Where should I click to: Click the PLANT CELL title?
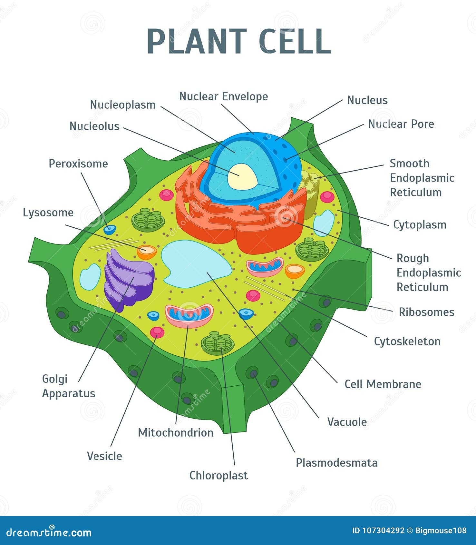coord(239,41)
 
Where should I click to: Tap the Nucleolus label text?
coord(94,126)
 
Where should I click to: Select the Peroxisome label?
coord(78,163)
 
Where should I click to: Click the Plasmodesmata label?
coord(336,463)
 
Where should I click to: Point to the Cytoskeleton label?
coord(407,341)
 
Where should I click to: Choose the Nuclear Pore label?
coord(401,124)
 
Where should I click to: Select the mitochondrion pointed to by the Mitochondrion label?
coord(189,315)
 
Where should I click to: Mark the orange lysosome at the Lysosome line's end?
coord(147,252)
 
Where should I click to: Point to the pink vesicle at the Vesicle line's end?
coord(157,332)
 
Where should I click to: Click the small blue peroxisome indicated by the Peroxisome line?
coord(109,230)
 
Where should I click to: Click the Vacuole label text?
coord(347,422)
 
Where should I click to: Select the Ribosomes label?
coord(426,312)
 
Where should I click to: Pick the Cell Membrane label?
coord(383,384)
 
